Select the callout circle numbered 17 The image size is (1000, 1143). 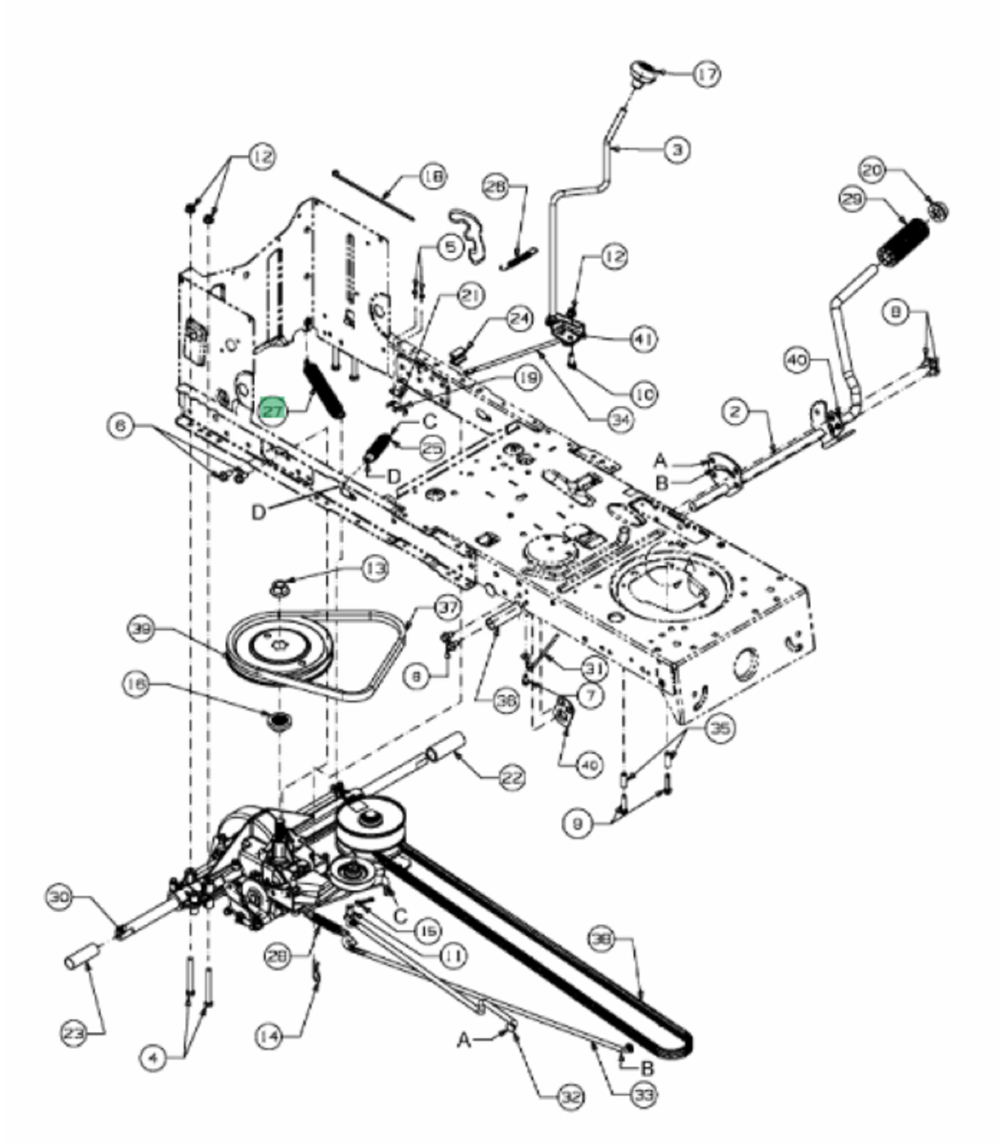click(706, 74)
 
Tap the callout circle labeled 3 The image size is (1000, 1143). click(677, 150)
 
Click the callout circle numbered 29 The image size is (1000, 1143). click(854, 199)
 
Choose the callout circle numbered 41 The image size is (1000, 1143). click(642, 339)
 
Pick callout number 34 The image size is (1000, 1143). click(619, 420)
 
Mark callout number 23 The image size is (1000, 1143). click(74, 1033)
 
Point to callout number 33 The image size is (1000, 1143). click(643, 1094)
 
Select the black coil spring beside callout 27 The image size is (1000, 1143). click(323, 390)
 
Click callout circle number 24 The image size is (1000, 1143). click(519, 319)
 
